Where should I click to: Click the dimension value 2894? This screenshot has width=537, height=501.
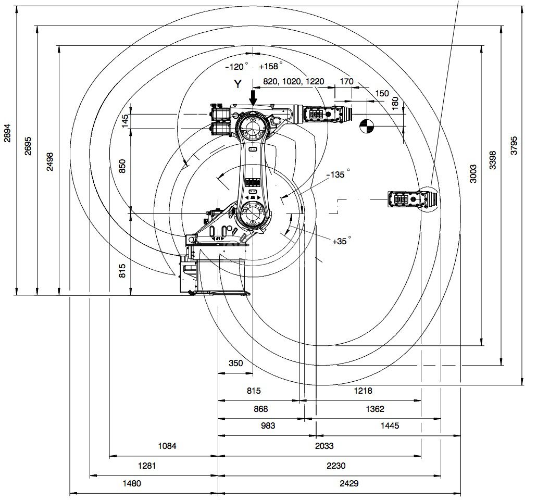click(7, 132)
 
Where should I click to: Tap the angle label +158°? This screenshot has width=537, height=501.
click(271, 66)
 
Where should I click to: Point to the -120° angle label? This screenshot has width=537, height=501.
click(236, 66)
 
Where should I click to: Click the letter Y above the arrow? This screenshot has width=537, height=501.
click(238, 84)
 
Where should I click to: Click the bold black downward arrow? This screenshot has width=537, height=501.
click(253, 97)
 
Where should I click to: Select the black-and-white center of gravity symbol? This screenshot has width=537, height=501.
click(367, 126)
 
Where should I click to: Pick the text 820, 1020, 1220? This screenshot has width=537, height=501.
click(293, 81)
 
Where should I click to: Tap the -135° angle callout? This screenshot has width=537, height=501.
click(339, 174)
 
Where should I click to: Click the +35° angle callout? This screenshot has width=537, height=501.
click(342, 241)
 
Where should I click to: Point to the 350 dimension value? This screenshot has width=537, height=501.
click(235, 363)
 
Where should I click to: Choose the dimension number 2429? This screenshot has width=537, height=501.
click(349, 483)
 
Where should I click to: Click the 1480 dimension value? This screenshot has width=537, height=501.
click(132, 483)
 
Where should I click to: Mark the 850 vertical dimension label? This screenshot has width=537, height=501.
click(122, 166)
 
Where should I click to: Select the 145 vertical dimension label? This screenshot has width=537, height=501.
click(124, 121)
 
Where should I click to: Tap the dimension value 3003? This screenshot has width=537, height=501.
click(473, 173)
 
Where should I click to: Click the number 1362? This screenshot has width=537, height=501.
click(375, 409)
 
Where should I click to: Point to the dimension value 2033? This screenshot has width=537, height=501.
click(324, 446)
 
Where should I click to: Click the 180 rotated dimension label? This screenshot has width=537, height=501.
click(395, 103)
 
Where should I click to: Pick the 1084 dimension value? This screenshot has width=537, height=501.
click(167, 446)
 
